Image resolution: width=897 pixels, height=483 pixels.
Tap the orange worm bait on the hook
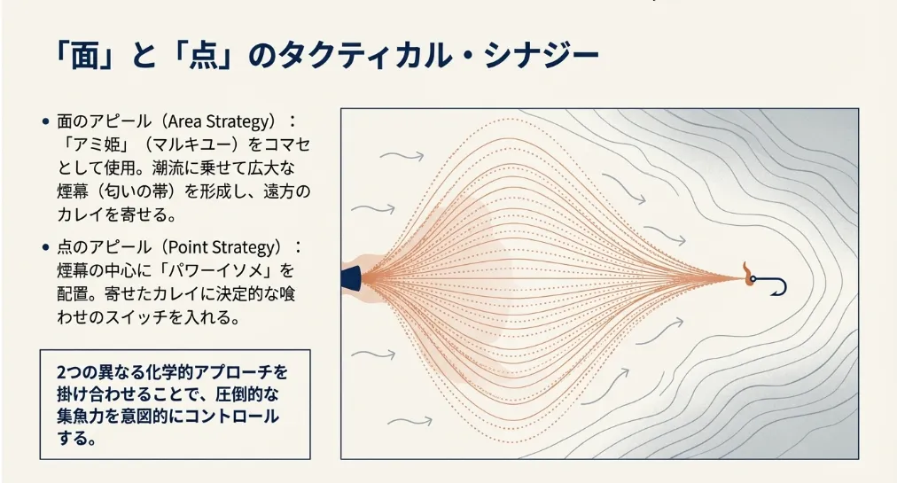(x=746, y=274)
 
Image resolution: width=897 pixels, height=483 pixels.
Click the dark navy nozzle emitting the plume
(x=351, y=278)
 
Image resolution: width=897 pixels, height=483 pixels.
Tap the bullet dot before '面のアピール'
(x=46, y=121)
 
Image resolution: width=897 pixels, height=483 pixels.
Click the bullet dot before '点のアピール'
(x=46, y=247)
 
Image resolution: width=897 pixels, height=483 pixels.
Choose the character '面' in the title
(x=85, y=56)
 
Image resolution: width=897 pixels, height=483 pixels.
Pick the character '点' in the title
(x=205, y=56)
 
